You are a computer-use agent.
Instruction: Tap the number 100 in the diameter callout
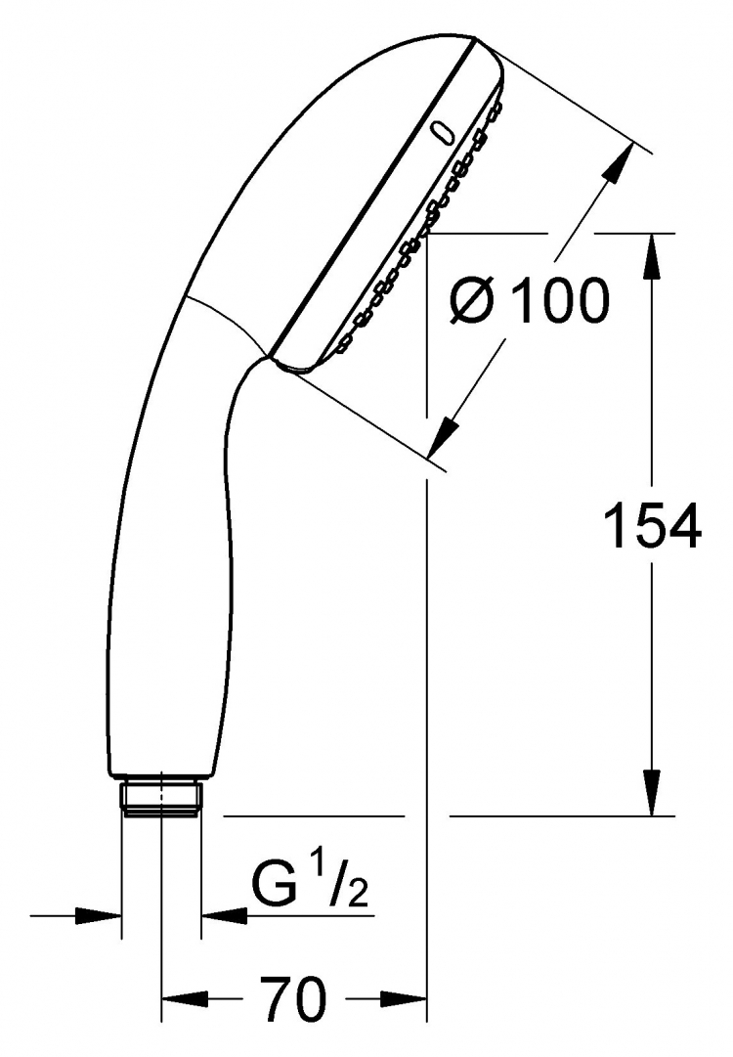560,300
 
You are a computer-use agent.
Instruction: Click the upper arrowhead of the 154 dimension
652,257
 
